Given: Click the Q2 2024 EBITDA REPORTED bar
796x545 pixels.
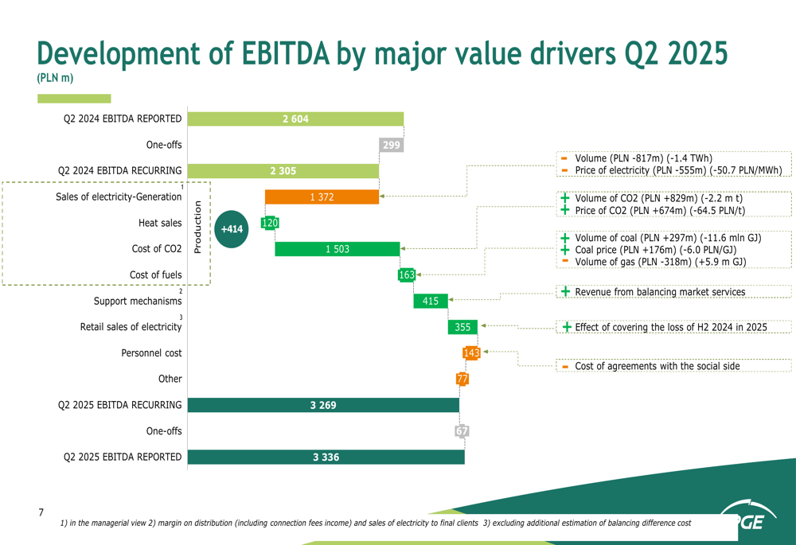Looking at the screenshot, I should (295, 119).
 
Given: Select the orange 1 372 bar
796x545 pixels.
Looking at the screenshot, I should (322, 197).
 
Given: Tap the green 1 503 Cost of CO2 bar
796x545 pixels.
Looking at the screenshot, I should (338, 249).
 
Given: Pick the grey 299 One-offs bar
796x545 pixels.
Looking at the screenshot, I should (391, 145).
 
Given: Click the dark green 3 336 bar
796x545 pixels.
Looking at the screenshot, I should (326, 457).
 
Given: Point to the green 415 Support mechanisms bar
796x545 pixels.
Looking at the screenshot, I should (431, 301).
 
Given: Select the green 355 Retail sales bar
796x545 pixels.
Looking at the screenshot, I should (462, 327).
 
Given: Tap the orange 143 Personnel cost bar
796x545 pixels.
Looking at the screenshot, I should (471, 353).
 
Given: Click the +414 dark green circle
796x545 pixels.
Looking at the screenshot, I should (232, 229).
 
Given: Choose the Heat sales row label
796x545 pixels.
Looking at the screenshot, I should (159, 223).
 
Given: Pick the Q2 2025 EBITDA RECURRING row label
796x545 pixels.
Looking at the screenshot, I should (119, 405).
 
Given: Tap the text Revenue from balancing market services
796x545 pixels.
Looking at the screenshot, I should (660, 292).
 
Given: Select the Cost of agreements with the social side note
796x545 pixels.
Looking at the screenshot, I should (657, 366).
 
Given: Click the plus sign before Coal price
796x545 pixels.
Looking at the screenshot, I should (564, 250).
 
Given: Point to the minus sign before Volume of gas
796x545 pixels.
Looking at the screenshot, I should (564, 261).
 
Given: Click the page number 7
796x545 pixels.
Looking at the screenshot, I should (41, 513).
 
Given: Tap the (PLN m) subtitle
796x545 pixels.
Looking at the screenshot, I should (55, 78).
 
